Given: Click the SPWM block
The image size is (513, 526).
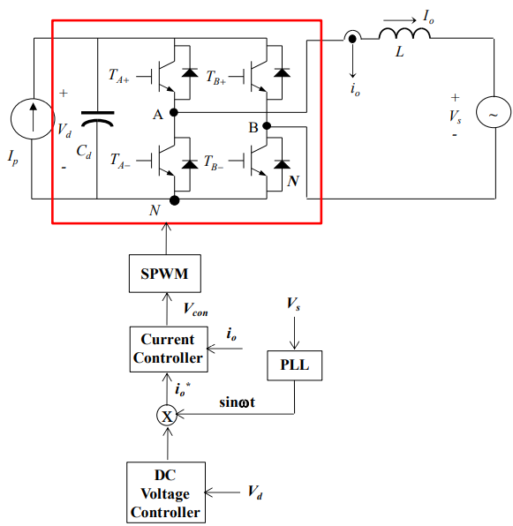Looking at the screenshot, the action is pos(165,274).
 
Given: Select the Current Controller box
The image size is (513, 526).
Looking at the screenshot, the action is pos(169,349).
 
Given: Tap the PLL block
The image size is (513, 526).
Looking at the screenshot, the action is pos(295,365).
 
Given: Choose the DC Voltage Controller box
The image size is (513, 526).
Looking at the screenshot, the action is pos(166,492).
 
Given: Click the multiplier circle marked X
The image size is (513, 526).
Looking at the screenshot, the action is pos(167,416).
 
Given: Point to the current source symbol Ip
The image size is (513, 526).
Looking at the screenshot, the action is pos(33,119).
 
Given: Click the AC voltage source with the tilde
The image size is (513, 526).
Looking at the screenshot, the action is pos(494,112).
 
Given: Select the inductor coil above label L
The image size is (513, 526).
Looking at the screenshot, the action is pos(404,34).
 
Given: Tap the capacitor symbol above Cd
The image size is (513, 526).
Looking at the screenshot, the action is pos(98,119).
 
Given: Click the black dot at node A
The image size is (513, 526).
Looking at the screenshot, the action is pos(174,112).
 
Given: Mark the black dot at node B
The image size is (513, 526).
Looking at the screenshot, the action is pos(267,126).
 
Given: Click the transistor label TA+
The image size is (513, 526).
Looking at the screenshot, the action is pos(119,76).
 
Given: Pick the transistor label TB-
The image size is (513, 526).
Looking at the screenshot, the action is pos(214,162).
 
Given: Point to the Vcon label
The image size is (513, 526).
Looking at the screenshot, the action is pos(196,309).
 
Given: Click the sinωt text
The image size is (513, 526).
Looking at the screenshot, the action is pos(238,402).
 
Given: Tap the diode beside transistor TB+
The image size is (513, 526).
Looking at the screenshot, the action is pos(282,72).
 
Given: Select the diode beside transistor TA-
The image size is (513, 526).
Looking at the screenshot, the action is pos(190,164).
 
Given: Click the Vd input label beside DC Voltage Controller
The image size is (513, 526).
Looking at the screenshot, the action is pos(255,492).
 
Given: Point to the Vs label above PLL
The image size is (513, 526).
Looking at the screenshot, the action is pos(293,304).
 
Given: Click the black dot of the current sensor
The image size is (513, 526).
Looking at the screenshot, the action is pos(352,39).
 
